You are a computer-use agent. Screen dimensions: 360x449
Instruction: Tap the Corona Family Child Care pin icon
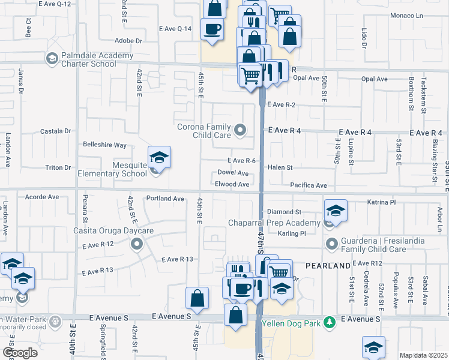point(241,130)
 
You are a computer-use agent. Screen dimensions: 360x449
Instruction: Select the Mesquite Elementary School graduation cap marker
point(159,158)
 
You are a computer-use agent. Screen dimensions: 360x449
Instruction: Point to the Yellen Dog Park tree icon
point(328,322)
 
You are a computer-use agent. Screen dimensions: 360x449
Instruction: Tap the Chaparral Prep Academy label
point(274,223)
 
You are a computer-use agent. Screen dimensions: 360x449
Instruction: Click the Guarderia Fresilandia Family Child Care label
point(387,244)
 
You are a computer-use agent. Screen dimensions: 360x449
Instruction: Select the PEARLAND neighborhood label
point(328,265)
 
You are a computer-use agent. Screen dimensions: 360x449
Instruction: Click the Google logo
point(20,352)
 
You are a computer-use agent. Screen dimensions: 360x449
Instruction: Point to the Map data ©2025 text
point(423,355)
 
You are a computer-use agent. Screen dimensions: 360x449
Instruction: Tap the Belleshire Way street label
point(104,145)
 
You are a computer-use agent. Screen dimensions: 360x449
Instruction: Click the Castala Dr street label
point(55,131)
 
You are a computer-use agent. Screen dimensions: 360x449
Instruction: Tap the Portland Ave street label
point(164,199)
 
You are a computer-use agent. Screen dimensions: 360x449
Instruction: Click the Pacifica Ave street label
point(308,186)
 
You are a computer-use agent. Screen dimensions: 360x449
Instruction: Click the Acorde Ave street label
point(43,196)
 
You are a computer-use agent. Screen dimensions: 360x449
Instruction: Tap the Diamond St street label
point(284,212)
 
